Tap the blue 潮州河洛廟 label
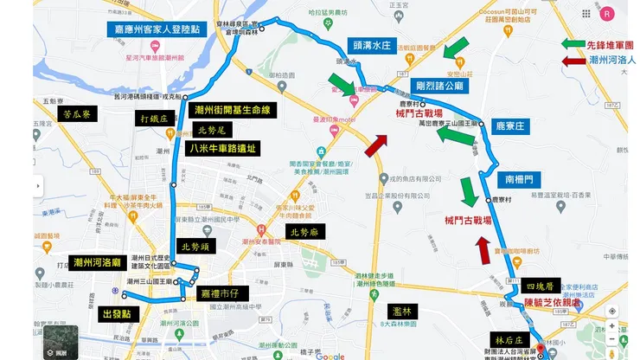(98, 262)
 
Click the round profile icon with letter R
(608, 13)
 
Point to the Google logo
(330, 355)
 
